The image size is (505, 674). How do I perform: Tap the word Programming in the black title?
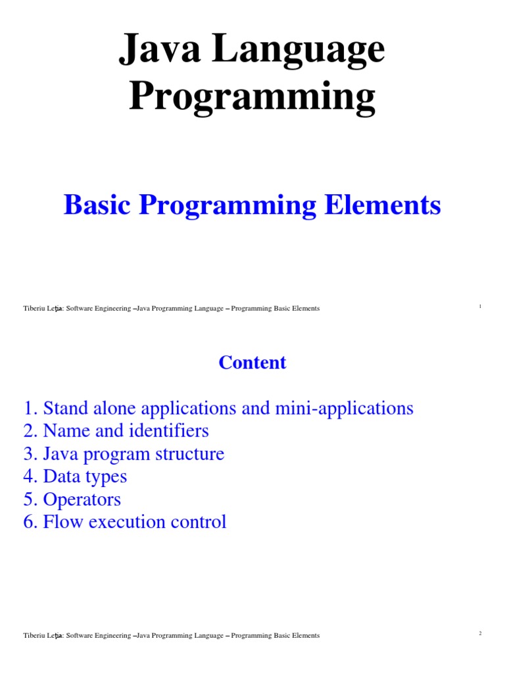(252, 97)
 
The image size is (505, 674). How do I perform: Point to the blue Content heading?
(252, 363)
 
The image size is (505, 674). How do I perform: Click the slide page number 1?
(480, 307)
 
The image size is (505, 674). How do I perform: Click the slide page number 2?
(480, 634)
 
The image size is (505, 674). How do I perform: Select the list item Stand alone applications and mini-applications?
(218, 408)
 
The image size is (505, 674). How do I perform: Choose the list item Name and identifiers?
(116, 431)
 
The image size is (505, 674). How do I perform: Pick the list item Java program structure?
(124, 454)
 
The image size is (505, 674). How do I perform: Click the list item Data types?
(75, 477)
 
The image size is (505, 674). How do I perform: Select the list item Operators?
(72, 499)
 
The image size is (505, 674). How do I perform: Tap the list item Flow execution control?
(125, 522)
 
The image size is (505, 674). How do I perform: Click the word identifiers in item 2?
(172, 431)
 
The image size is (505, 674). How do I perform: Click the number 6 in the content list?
(28, 522)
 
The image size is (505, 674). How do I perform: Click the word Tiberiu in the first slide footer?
(33, 309)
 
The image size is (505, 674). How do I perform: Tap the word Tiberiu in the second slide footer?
(33, 636)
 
